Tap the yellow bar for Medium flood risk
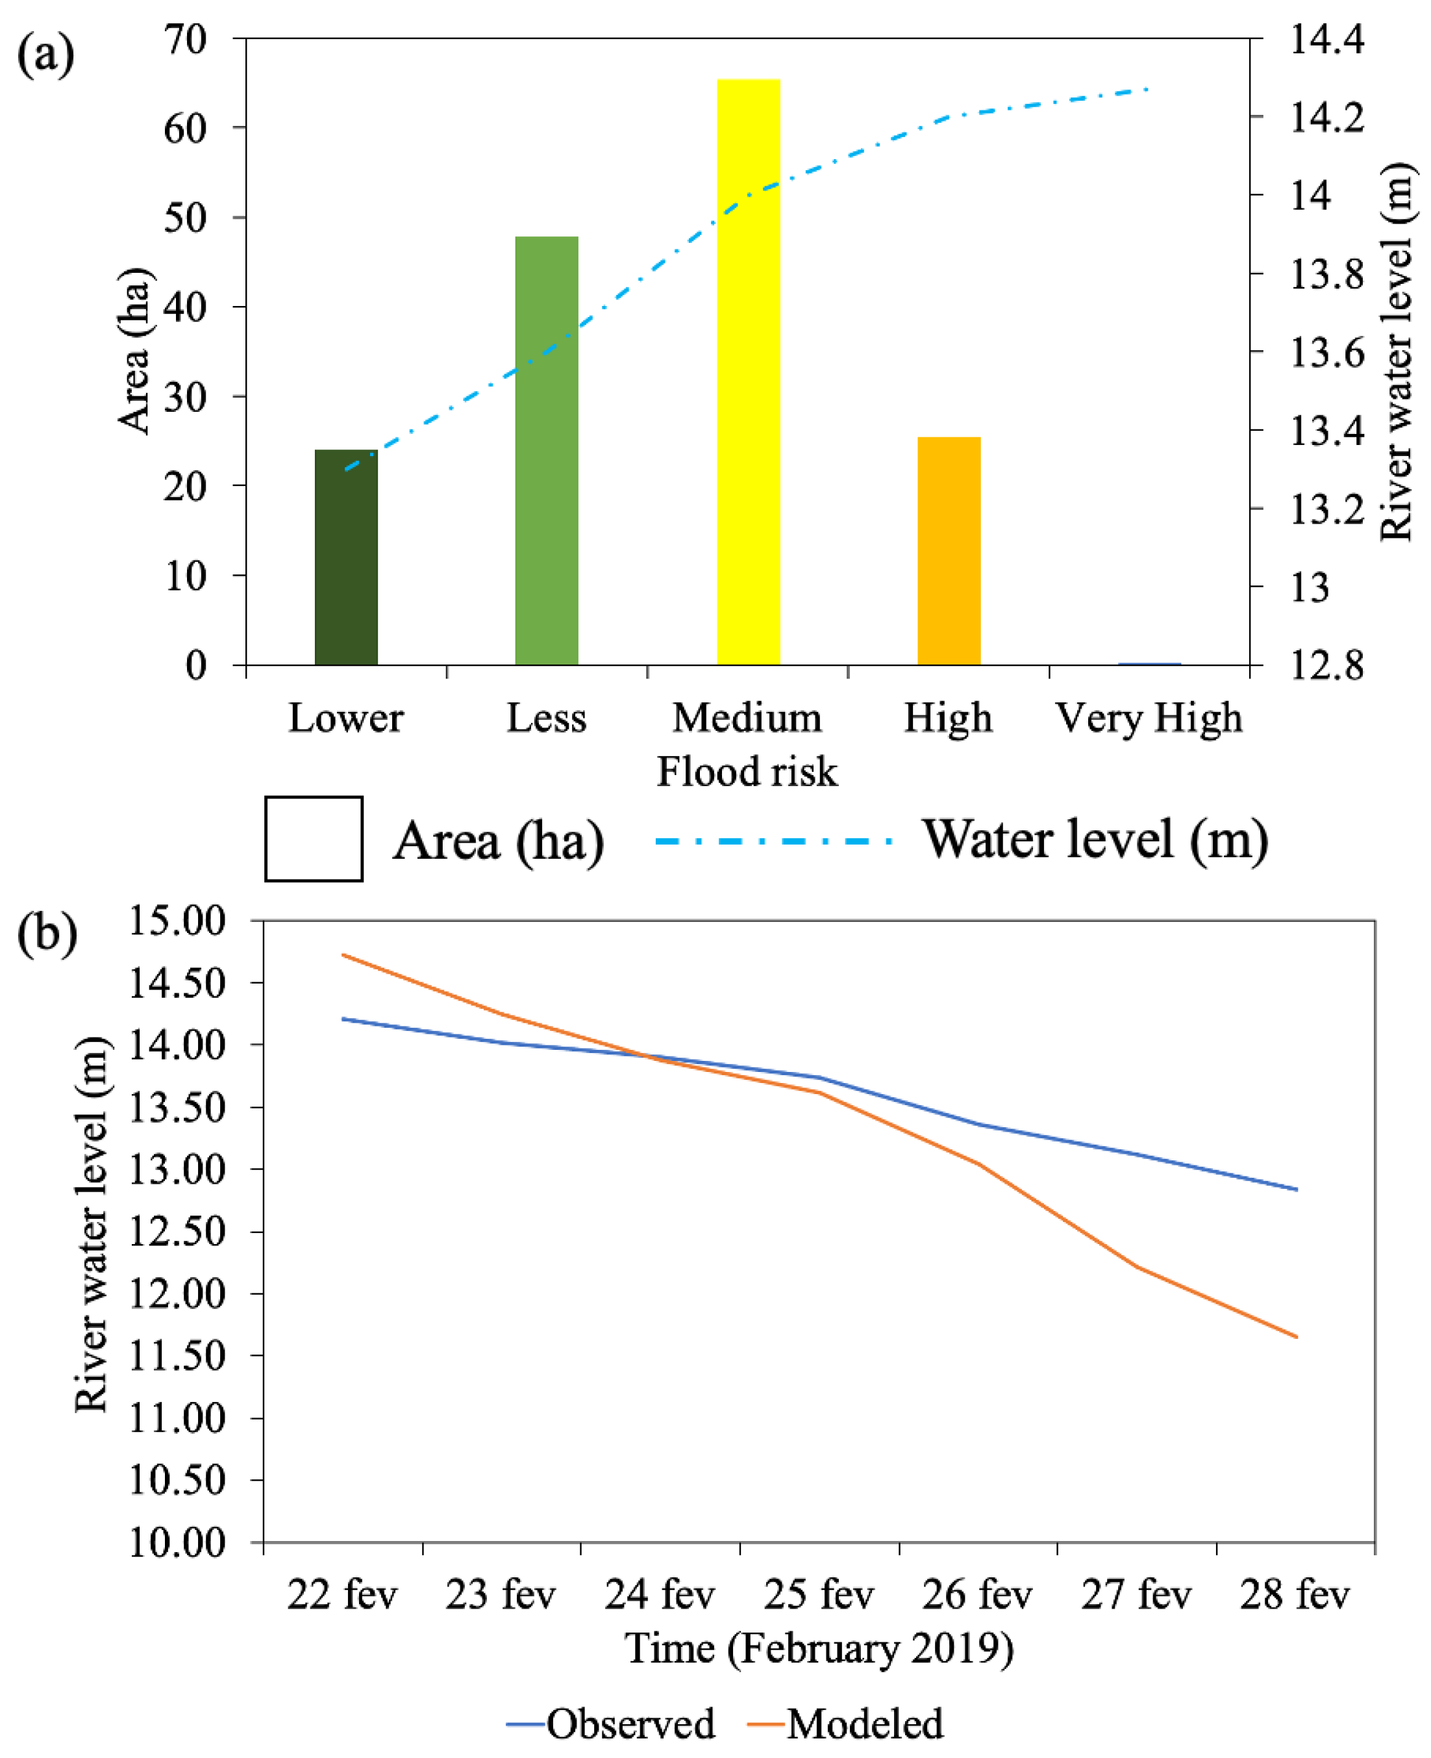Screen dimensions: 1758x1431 click(748, 372)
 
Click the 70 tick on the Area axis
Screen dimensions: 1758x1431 click(186, 40)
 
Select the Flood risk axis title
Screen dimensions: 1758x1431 click(747, 772)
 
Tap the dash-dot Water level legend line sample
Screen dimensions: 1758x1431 click(773, 841)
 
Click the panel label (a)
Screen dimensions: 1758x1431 click(45, 56)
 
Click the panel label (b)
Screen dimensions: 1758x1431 click(47, 935)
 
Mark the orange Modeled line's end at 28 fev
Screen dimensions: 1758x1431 click(1297, 1336)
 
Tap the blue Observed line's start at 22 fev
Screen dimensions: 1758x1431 click(343, 1019)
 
